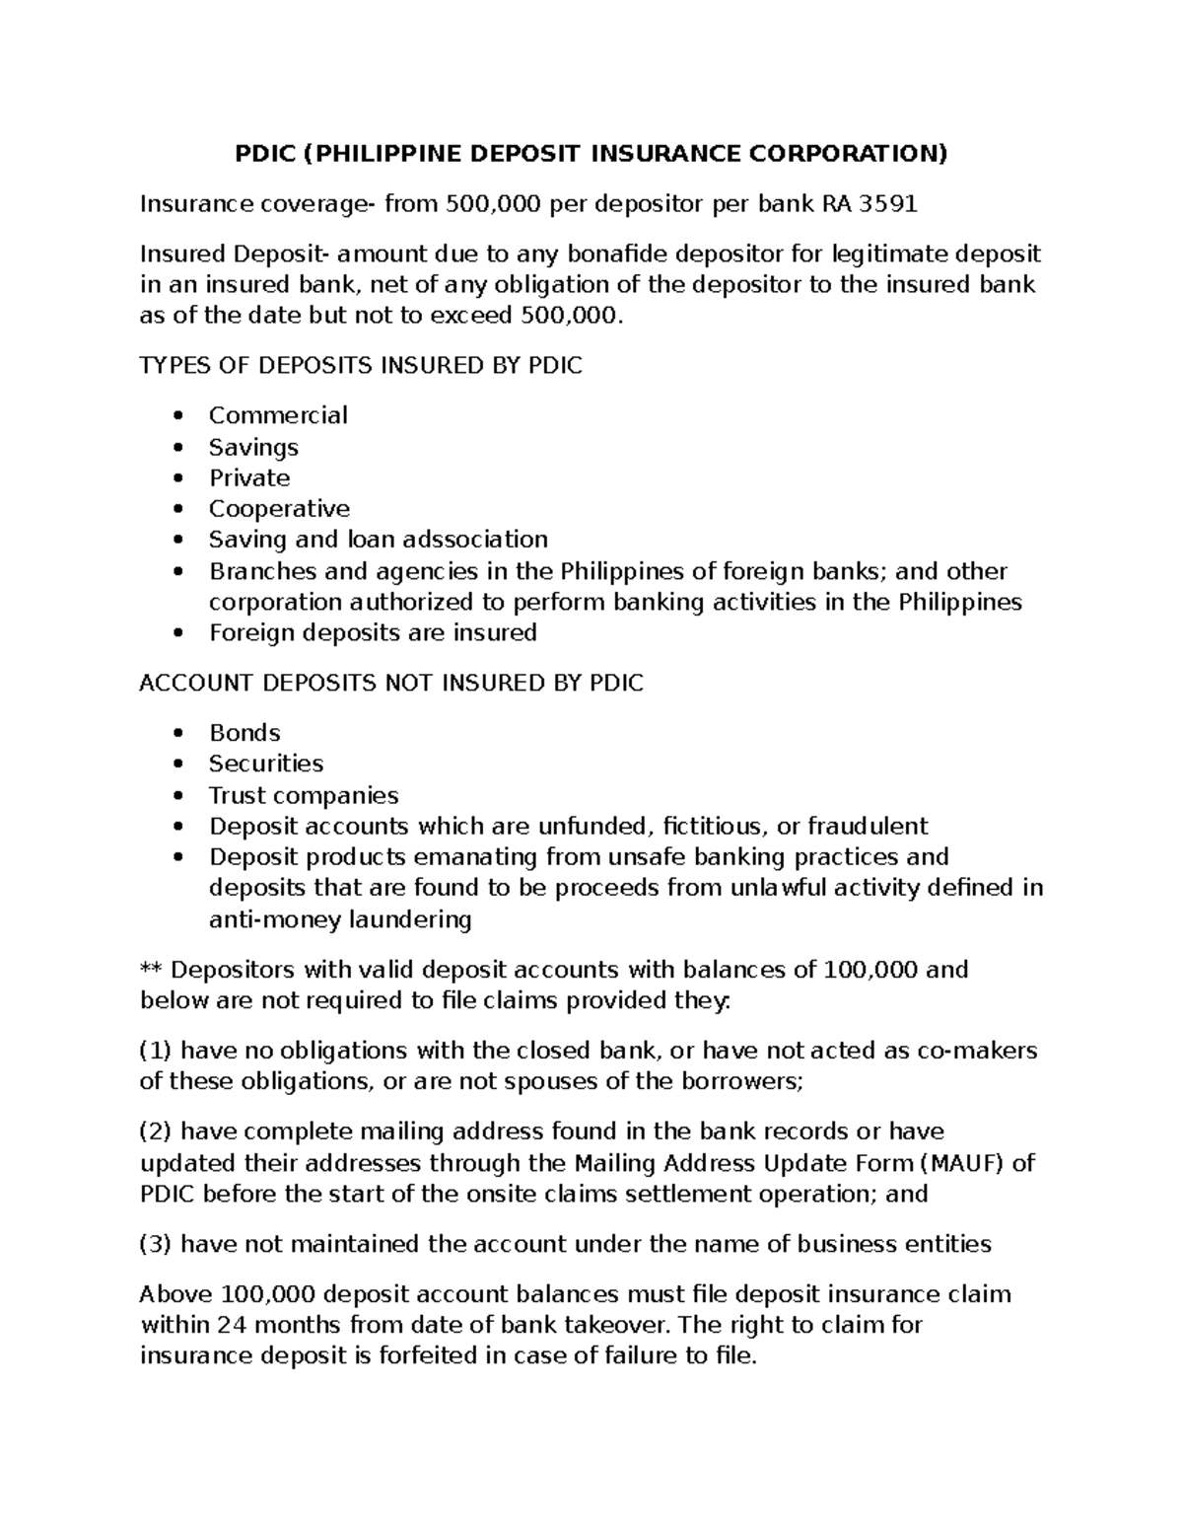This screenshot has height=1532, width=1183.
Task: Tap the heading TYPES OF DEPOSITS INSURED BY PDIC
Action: coord(361,366)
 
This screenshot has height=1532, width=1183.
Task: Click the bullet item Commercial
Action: coord(278,415)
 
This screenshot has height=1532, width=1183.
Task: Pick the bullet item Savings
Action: coord(253,447)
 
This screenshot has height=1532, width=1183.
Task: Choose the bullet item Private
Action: coord(249,478)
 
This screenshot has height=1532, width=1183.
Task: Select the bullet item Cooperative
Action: coord(279,509)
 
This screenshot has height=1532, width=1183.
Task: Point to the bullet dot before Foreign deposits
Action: coord(177,633)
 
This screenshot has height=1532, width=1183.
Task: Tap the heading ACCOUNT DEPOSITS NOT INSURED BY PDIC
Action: coord(391,683)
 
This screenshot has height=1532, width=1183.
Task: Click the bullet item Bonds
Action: coord(244,733)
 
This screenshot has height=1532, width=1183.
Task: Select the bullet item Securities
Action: coord(266,764)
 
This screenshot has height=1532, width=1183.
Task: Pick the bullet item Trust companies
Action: coord(304,795)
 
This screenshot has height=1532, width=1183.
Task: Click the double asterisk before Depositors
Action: coord(151,970)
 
